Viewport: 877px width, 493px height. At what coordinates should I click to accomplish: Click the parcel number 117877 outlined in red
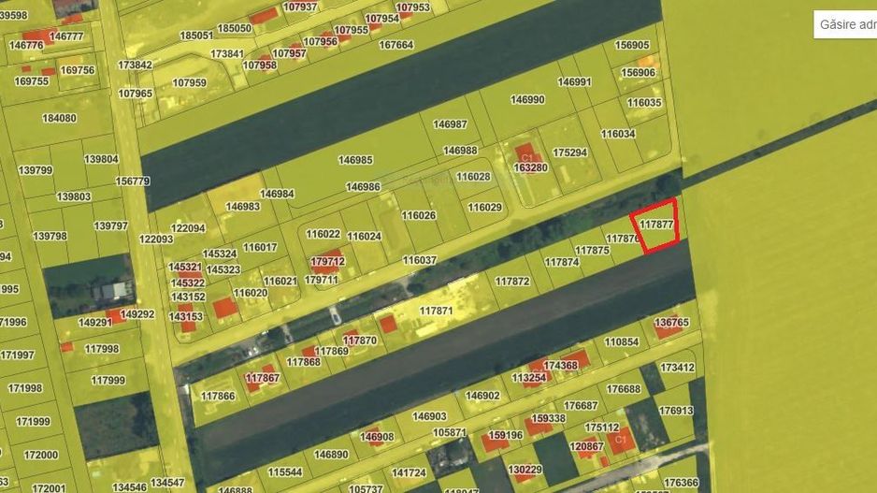click(657, 225)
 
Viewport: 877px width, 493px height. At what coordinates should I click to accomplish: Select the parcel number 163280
click(530, 167)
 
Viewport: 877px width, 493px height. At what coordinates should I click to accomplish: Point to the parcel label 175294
click(569, 152)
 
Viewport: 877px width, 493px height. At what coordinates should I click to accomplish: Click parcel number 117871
click(436, 311)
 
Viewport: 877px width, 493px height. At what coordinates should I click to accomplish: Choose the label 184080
click(59, 119)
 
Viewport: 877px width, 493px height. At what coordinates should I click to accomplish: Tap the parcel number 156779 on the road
click(132, 181)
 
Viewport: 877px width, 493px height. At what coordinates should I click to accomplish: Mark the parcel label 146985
click(355, 160)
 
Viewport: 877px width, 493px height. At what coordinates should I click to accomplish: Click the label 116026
click(419, 215)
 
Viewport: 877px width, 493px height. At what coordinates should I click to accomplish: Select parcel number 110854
click(621, 342)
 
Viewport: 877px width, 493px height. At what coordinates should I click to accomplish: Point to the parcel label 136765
click(671, 323)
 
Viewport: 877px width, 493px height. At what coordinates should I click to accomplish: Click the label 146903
click(430, 416)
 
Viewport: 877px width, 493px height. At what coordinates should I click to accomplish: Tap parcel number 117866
click(218, 396)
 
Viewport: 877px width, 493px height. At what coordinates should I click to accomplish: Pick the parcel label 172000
click(41, 455)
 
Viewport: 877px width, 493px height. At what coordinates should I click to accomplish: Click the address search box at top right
click(845, 23)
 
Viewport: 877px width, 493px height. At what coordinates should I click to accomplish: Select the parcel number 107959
click(189, 82)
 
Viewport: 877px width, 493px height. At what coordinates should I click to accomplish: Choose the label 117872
click(511, 282)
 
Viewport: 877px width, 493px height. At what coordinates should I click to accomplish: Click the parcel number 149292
click(137, 314)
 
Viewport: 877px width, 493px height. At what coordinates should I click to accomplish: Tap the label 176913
click(675, 411)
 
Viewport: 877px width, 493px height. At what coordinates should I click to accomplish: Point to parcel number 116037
click(420, 260)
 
